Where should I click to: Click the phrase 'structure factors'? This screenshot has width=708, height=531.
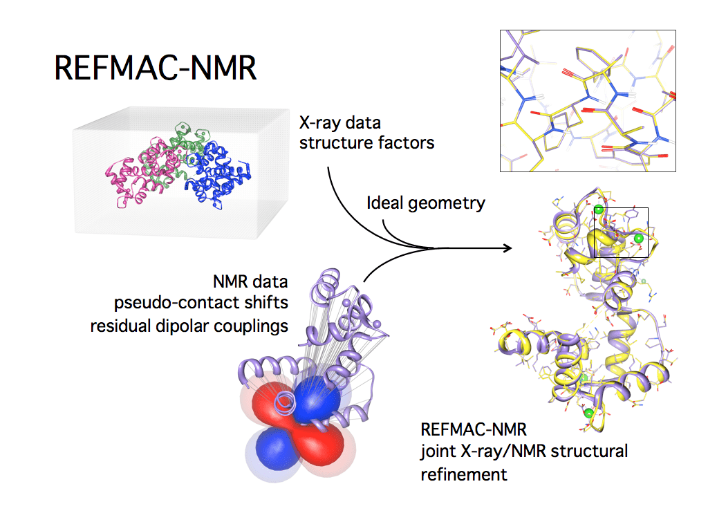[x=366, y=143]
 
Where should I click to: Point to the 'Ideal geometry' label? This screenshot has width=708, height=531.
[x=425, y=203]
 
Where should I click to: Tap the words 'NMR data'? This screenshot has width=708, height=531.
[x=250, y=282]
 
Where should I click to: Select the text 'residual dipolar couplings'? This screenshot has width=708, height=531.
[x=189, y=326]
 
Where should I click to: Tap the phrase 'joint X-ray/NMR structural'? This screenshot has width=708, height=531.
[x=524, y=452]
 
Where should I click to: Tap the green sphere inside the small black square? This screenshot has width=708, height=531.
[x=638, y=239]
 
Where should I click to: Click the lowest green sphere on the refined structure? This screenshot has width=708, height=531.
[x=588, y=413]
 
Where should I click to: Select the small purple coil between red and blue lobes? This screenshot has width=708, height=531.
[x=284, y=402]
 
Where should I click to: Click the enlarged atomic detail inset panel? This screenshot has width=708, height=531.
[x=587, y=100]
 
